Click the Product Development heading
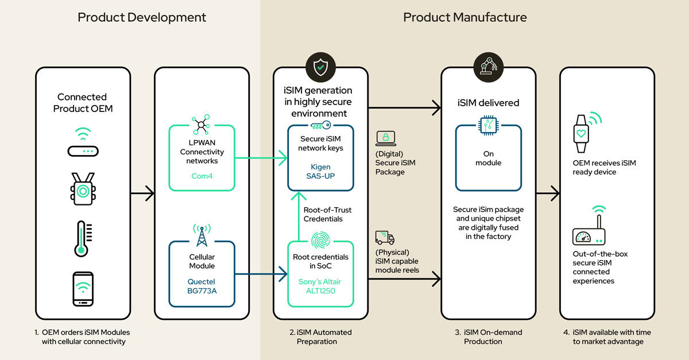pyautogui.click(x=142, y=17)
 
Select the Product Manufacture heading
pyautogui.click(x=465, y=17)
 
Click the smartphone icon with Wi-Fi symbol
pyautogui.click(x=83, y=288)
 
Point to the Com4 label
pyautogui.click(x=202, y=176)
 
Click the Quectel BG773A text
pyautogui.click(x=202, y=287)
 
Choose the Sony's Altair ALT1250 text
pyautogui.click(x=320, y=287)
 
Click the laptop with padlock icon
pyautogui.click(x=385, y=138)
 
